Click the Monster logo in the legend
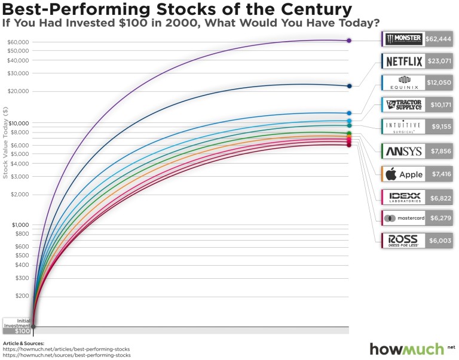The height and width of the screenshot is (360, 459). pyautogui.click(x=404, y=39)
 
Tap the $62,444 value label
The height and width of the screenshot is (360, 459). pyautogui.click(x=438, y=39)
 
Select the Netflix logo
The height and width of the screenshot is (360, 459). pyautogui.click(x=404, y=61)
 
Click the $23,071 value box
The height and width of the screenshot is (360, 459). pyautogui.click(x=438, y=61)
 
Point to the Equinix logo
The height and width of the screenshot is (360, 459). pyautogui.click(x=404, y=83)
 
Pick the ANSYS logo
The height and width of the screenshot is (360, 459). pyautogui.click(x=404, y=151)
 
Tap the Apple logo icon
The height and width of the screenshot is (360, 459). pyautogui.click(x=391, y=174)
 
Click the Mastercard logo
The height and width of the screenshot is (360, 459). pyautogui.click(x=404, y=218)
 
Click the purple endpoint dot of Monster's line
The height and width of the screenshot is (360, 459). pyautogui.click(x=349, y=41)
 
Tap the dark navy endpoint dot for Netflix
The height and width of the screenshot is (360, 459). pyautogui.click(x=349, y=86)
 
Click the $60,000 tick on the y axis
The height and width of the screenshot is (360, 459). pyautogui.click(x=19, y=42)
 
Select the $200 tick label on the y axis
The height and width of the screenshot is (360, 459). pyautogui.click(x=23, y=296)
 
